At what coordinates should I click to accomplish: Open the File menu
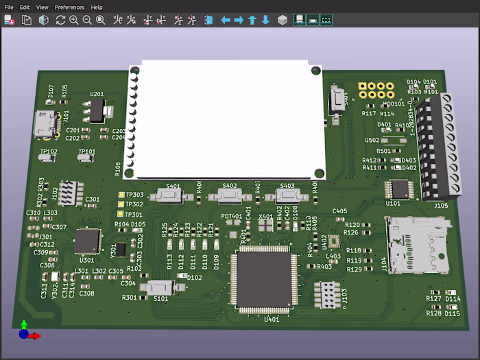(9, 7)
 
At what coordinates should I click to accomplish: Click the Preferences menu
(69, 7)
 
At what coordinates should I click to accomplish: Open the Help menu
(97, 7)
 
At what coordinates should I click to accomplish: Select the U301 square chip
(88, 241)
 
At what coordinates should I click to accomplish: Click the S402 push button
(230, 195)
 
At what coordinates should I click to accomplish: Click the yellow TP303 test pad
(121, 195)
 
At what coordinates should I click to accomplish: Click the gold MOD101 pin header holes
(376, 91)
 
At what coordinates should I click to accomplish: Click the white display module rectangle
(226, 117)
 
